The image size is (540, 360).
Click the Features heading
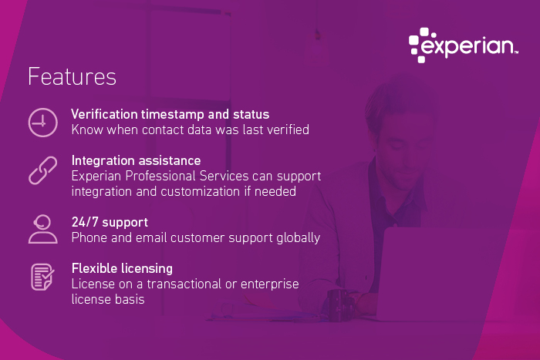point(72,77)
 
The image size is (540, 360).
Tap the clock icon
point(42,123)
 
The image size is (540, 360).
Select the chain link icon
point(42,170)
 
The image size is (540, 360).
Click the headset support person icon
point(42,229)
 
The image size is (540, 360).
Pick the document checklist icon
point(42,277)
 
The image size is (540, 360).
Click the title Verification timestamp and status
point(170,114)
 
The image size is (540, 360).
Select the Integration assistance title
point(136,160)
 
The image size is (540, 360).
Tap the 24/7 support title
point(110,222)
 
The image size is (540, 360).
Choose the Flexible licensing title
point(122,268)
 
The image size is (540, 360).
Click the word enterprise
point(271,284)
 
